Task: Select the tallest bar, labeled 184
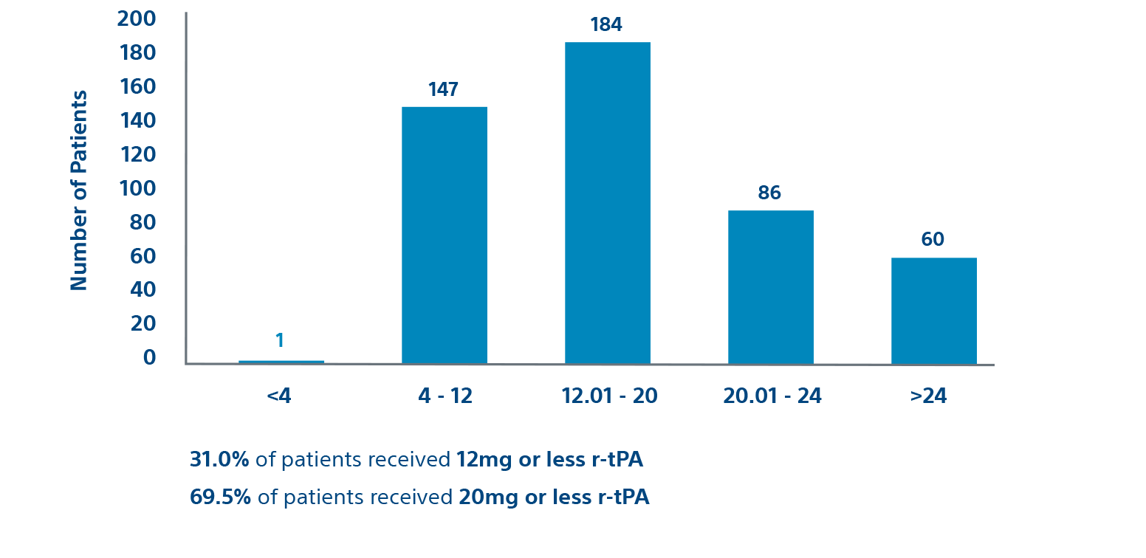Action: [607, 203]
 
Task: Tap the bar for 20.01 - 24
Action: [770, 287]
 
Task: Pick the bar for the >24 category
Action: [933, 311]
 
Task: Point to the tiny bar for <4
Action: [281, 362]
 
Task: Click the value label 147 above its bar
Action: [443, 90]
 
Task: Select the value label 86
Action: [769, 193]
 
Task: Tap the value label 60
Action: [933, 240]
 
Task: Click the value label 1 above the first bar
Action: [280, 340]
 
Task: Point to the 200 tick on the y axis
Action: [137, 18]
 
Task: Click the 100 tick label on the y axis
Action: [137, 188]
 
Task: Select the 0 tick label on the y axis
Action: [150, 357]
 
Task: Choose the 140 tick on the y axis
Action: [137, 120]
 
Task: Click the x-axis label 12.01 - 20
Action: [609, 396]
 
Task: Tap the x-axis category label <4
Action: [279, 396]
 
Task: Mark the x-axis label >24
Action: [928, 396]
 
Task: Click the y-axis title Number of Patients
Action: [79, 190]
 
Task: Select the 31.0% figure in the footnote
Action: [219, 460]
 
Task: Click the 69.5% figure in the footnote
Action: [220, 497]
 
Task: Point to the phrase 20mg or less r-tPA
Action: [553, 497]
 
